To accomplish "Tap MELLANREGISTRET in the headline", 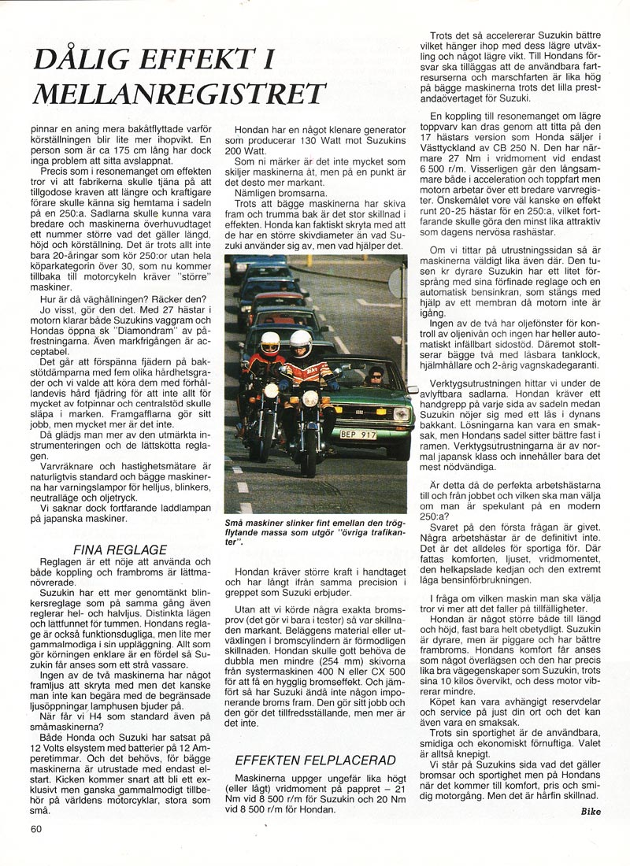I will tap(169, 93).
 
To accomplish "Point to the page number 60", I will tap(37, 828).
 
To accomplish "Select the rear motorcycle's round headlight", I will tap(270, 390).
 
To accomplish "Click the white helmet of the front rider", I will tap(300, 342).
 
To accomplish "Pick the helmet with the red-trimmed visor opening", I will tap(269, 342).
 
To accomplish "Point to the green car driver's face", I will tap(372, 376).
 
